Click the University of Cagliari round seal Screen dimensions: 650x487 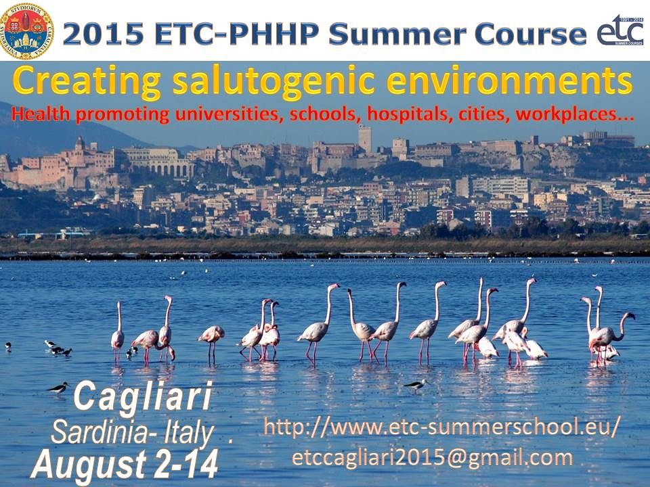26,32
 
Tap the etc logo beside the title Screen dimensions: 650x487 620,30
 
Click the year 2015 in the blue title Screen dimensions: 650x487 104,33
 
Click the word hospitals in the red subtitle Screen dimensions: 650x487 409,114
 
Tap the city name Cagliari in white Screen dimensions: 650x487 143,398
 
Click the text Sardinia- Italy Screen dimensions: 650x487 133,432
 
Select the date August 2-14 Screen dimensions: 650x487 125,465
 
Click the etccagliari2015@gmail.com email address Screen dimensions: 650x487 433,458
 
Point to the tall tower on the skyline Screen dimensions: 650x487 365,139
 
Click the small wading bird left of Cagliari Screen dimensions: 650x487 58,388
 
